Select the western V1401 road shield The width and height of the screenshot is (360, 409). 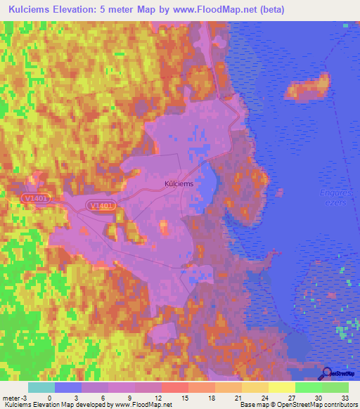pyautogui.click(x=35, y=199)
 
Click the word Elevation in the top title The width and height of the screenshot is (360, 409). pyautogui.click(x=89, y=10)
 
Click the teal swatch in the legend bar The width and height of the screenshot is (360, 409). pyautogui.click(x=41, y=387)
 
